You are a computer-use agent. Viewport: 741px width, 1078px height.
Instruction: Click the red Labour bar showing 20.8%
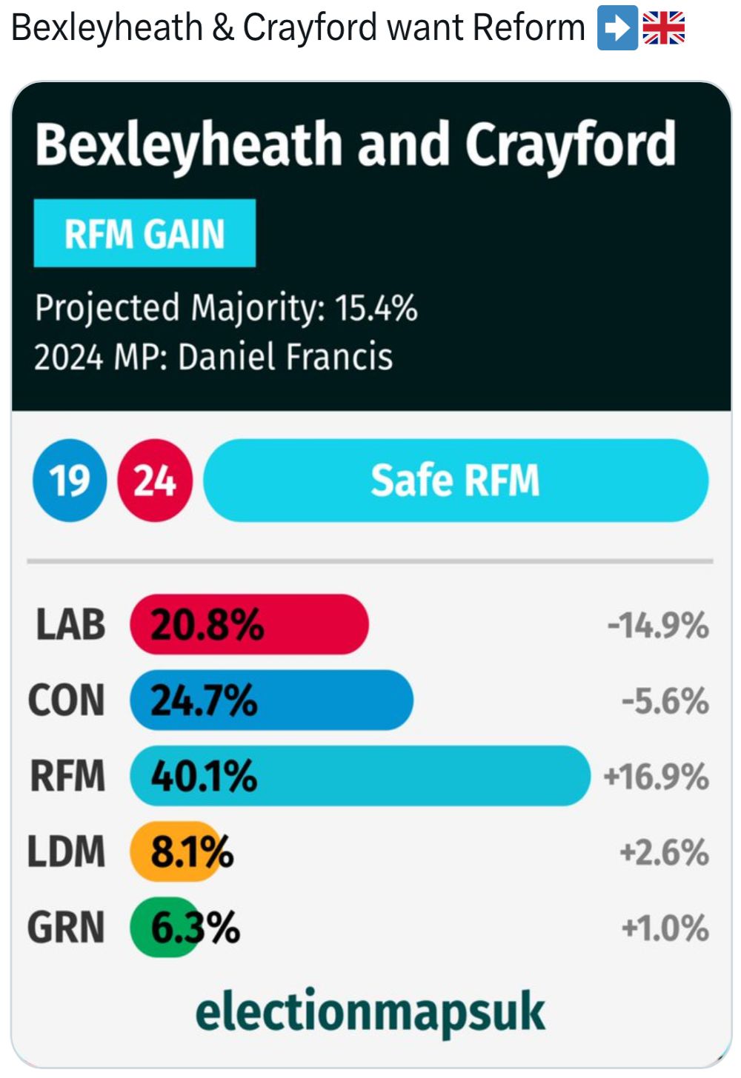coord(249,624)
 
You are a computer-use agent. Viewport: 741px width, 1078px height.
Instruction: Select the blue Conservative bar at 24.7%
coord(271,700)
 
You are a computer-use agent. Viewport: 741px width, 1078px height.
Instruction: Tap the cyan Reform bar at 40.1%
coord(360,775)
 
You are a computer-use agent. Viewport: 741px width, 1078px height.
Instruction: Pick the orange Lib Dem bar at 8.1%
coord(176,851)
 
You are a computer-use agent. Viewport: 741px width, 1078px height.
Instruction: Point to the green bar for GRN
coord(165,927)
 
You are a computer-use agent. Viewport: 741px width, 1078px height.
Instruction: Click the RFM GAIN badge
coord(144,233)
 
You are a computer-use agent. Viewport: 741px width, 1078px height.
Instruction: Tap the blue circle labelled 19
coord(70,481)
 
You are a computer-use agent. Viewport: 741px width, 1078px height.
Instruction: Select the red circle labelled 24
coord(155,481)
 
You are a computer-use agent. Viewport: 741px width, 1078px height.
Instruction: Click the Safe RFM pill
coord(456,481)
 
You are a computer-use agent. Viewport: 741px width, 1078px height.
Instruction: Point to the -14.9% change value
coord(658,626)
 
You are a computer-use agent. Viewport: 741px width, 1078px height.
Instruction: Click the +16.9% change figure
coord(656,777)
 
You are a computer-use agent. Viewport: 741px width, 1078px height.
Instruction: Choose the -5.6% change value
coord(665,701)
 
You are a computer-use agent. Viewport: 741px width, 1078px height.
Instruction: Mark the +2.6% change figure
coord(664,852)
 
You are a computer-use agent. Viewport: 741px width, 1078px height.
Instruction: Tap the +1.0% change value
coord(665,928)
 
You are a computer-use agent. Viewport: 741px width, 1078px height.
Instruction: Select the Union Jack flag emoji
coord(663,29)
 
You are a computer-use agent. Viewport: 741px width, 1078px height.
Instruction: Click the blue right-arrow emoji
coord(617,29)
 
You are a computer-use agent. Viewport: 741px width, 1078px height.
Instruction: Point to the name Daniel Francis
coord(285,357)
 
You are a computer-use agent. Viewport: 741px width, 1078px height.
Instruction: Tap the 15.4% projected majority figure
coord(376,308)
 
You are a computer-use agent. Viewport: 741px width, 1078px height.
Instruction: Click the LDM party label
coord(67,851)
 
